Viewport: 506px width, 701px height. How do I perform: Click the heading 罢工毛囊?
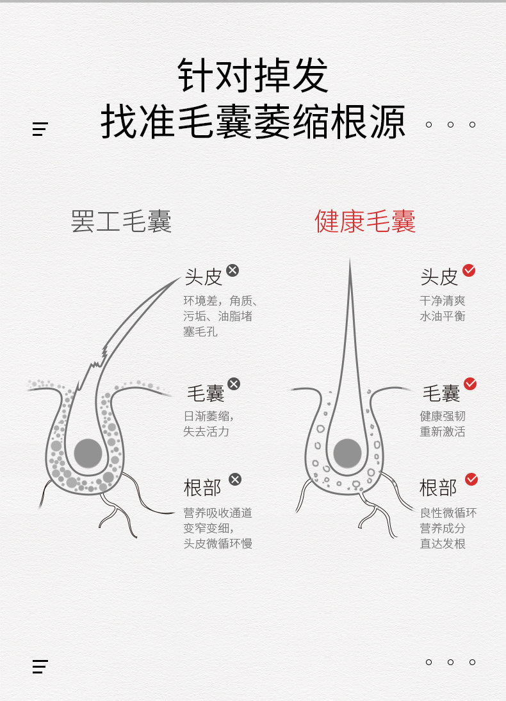tap(121, 222)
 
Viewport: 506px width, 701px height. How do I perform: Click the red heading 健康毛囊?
tap(365, 222)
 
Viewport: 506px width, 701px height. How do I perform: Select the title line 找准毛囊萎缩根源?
tap(252, 122)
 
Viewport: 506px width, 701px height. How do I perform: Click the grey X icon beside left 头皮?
tap(233, 270)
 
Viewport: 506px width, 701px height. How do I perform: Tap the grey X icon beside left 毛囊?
tap(234, 384)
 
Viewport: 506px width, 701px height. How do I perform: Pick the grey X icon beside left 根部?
tap(235, 479)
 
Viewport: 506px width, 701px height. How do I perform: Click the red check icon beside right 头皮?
tap(469, 270)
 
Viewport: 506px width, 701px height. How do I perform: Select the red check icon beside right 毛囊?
tap(470, 384)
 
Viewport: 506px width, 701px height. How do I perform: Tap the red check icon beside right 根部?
tap(471, 479)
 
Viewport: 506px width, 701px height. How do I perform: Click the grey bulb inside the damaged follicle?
tap(88, 453)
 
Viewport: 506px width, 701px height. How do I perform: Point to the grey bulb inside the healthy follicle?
tap(348, 453)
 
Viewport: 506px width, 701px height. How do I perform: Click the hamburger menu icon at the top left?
tap(40, 129)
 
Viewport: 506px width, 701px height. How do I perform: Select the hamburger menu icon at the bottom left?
tap(40, 666)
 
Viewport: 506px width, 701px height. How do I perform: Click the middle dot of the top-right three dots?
tap(450, 124)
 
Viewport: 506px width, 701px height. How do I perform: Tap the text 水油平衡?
tap(443, 316)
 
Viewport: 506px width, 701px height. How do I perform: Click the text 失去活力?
tap(206, 431)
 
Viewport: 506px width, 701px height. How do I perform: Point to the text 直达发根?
tap(443, 544)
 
